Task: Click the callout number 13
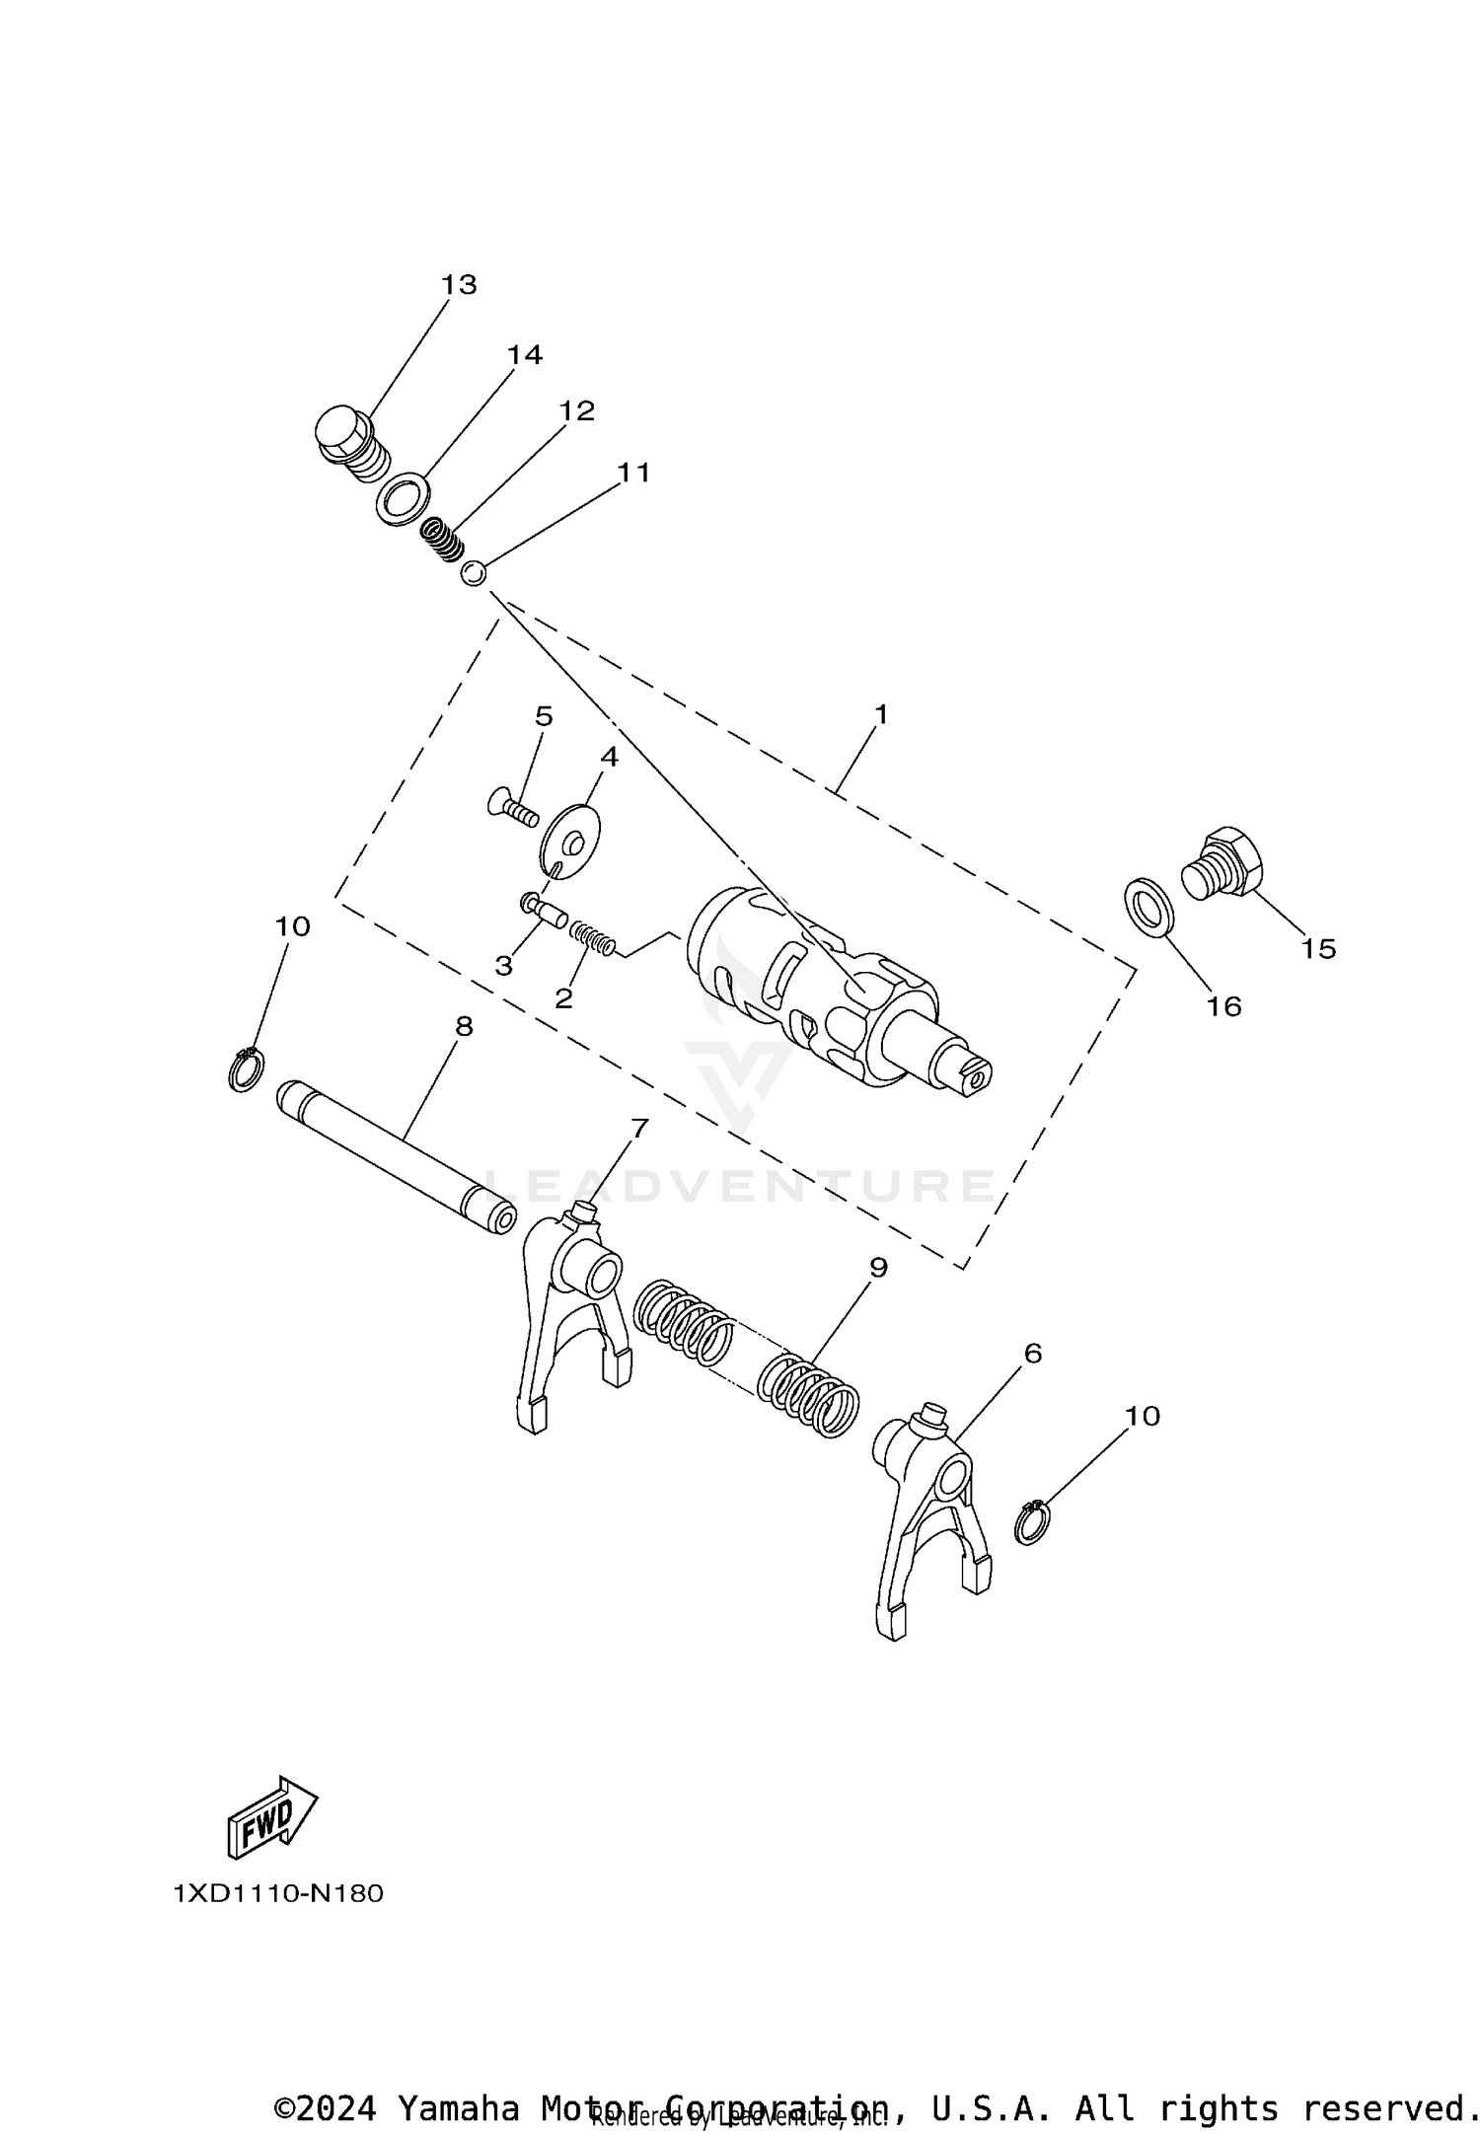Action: coord(459,285)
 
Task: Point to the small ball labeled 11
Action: coord(474,572)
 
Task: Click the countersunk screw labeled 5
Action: coord(512,812)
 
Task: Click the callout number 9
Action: coord(877,1268)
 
